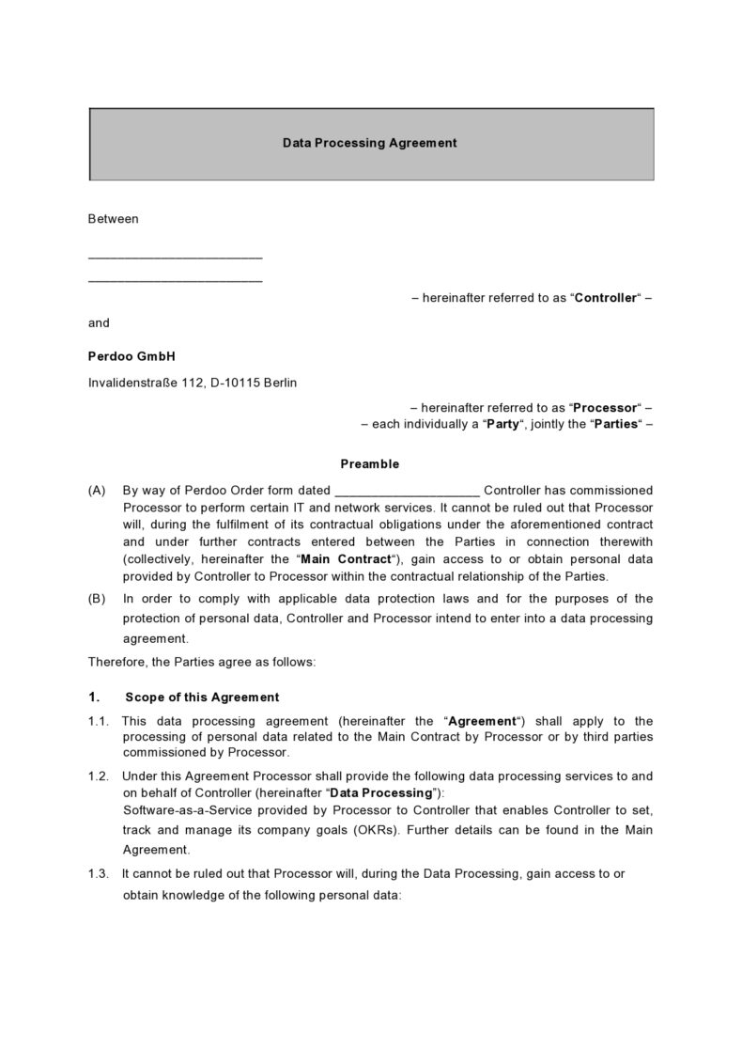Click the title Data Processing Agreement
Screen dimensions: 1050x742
click(x=370, y=143)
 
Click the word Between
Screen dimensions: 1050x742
click(x=113, y=219)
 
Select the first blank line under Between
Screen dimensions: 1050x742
click(x=175, y=257)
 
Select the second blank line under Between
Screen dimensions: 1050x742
click(x=175, y=280)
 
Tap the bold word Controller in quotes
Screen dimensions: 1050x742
click(x=605, y=298)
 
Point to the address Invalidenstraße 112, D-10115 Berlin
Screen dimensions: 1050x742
click(x=193, y=383)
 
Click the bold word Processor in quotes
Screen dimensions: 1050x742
click(x=605, y=408)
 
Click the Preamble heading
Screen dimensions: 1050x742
click(x=369, y=463)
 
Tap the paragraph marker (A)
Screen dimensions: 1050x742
click(x=97, y=490)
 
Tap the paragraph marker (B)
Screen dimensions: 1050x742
click(x=97, y=599)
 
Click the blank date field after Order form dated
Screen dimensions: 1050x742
click(x=407, y=491)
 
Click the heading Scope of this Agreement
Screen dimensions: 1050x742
click(x=202, y=697)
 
